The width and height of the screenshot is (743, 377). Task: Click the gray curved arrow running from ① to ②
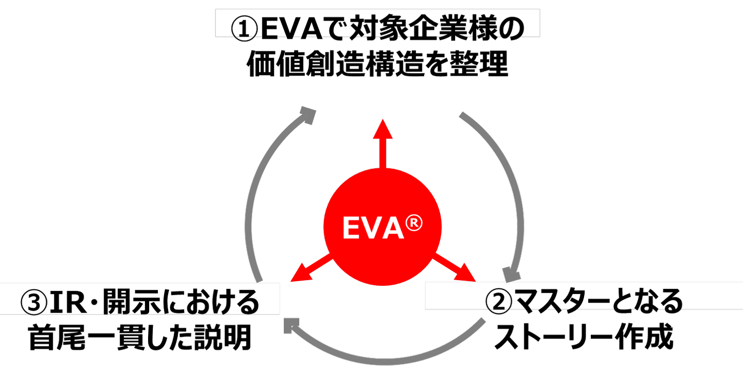(506, 191)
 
